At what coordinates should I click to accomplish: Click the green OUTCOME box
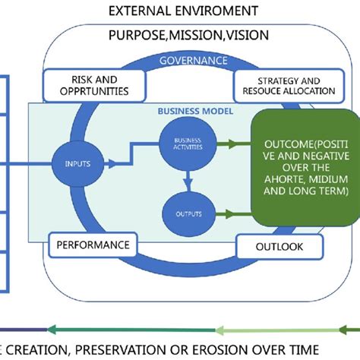pyautogui.click(x=305, y=167)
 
